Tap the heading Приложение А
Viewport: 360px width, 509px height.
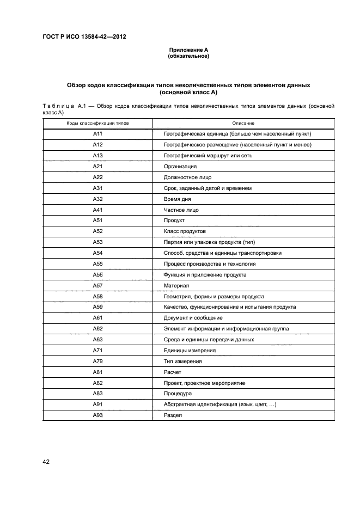(188, 50)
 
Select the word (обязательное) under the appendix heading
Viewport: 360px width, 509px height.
(188, 56)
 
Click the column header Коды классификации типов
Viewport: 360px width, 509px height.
(98, 124)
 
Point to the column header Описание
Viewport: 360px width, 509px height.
(243, 124)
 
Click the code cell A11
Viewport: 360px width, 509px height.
(98, 134)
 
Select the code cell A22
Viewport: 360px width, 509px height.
(98, 177)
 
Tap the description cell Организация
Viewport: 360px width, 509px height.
(180, 167)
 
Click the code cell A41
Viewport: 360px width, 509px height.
(98, 210)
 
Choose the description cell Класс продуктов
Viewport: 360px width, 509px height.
(185, 231)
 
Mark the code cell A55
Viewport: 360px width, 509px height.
(98, 264)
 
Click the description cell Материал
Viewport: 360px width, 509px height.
(176, 285)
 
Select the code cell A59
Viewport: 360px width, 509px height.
(98, 307)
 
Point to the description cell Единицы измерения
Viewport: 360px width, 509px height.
(190, 351)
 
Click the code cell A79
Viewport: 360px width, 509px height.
(98, 361)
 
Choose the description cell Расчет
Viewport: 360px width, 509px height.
(173, 372)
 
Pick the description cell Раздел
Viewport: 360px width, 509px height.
(173, 415)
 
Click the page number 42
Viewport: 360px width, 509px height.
(46, 462)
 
